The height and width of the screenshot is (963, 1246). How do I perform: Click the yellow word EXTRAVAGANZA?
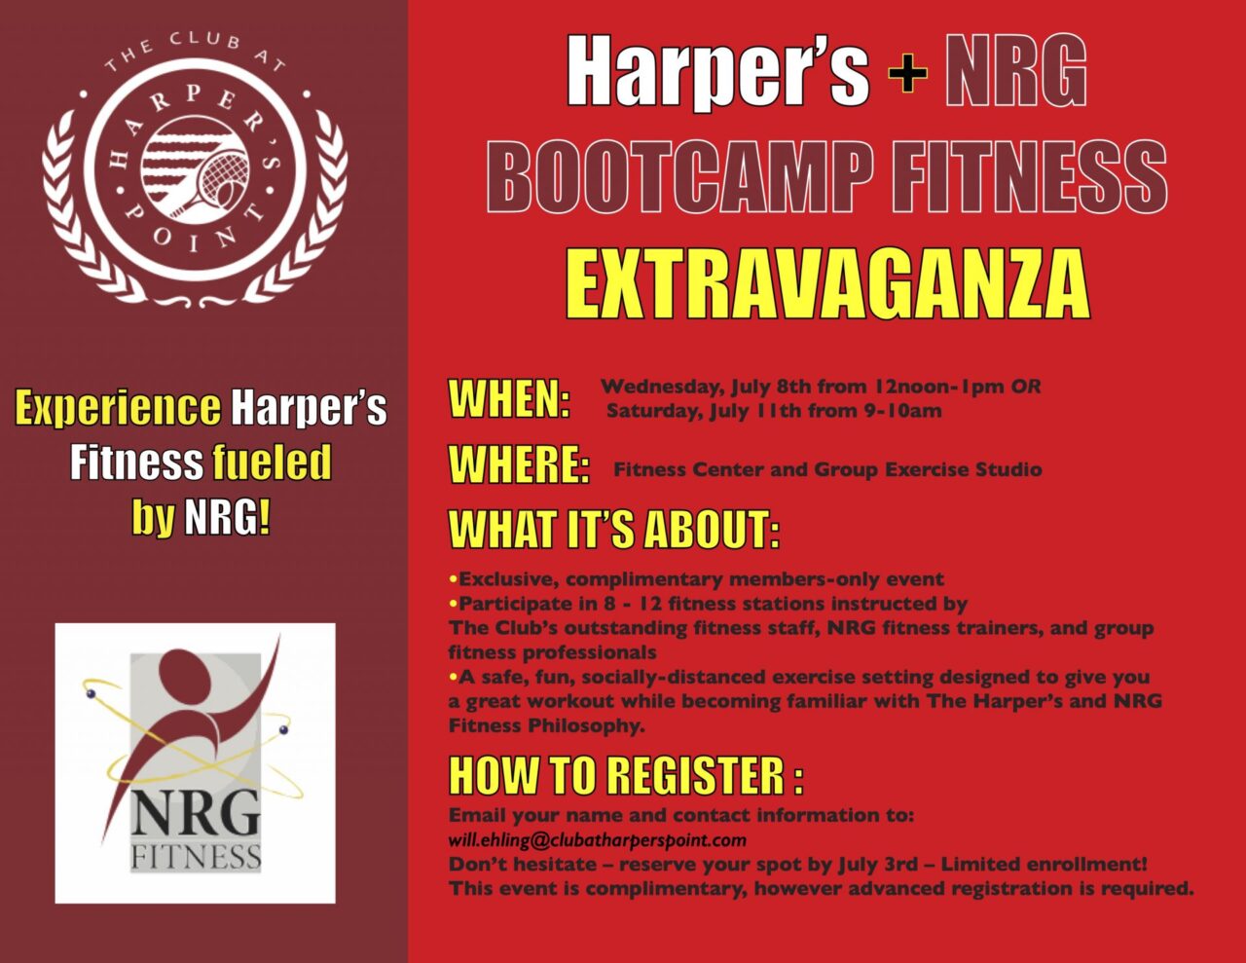(827, 284)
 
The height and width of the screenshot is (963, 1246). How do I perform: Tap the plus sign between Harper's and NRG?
(907, 72)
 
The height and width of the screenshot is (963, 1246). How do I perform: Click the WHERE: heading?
(519, 464)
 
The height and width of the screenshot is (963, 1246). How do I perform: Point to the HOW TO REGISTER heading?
(626, 775)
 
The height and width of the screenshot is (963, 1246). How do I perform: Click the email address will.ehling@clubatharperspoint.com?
(598, 841)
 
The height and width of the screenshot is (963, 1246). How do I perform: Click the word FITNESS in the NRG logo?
(196, 858)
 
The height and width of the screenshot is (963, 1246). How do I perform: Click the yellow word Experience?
(118, 408)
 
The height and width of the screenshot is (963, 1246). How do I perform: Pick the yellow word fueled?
(272, 462)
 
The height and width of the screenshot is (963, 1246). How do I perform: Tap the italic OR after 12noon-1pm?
(1026, 387)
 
